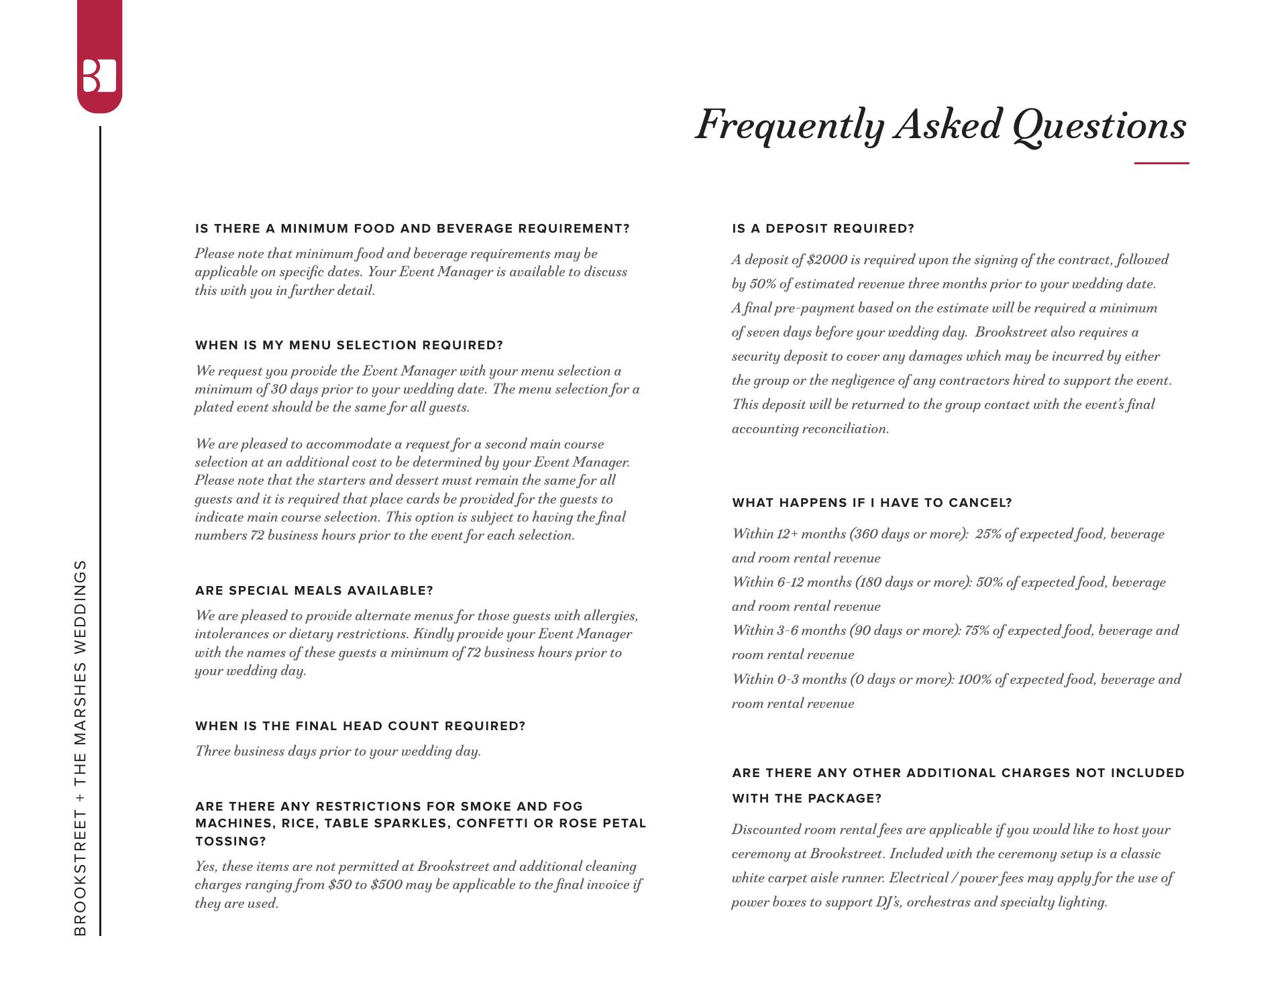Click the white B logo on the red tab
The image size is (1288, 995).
tap(99, 76)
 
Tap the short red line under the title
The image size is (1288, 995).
tap(1161, 163)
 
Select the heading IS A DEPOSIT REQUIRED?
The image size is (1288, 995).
tap(823, 229)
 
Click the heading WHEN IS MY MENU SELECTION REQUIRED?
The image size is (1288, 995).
tap(349, 345)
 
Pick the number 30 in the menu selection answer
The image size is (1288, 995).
tap(279, 389)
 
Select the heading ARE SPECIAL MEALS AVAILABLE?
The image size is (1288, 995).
tap(314, 591)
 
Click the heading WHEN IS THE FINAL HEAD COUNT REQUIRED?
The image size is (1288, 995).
tap(360, 726)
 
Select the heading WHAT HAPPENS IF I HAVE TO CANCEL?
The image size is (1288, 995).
tap(871, 503)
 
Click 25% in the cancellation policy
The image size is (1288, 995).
tap(988, 534)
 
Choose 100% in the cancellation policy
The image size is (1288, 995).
tap(975, 679)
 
